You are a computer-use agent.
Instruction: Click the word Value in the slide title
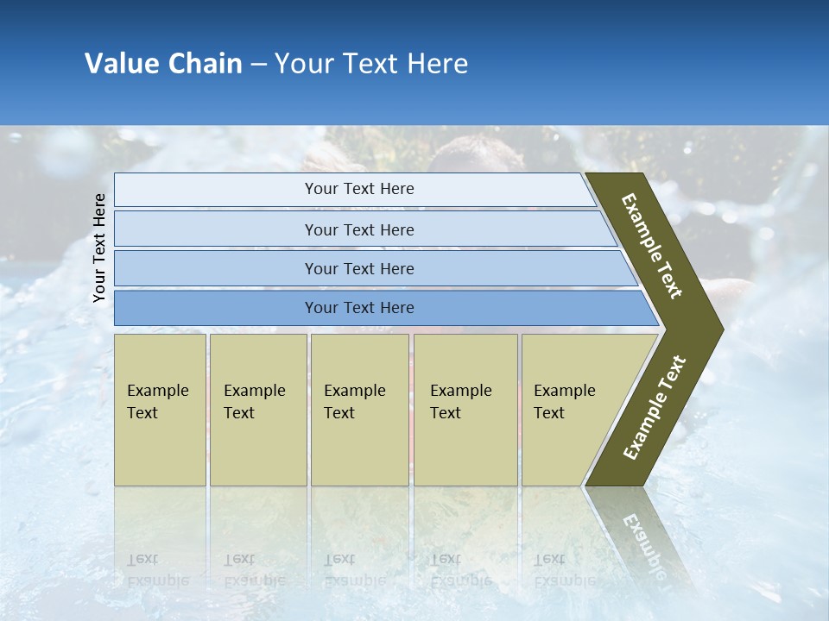120,64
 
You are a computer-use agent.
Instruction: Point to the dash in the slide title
258,65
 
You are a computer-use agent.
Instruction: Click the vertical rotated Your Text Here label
100,248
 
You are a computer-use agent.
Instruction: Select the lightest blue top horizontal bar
354,190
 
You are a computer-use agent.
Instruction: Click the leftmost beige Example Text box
160,410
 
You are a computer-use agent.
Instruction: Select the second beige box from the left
257,410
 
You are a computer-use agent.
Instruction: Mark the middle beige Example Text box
359,410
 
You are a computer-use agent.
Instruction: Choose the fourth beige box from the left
465,410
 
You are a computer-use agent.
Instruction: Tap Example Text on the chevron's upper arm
652,246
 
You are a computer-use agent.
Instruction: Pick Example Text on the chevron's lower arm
655,408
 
